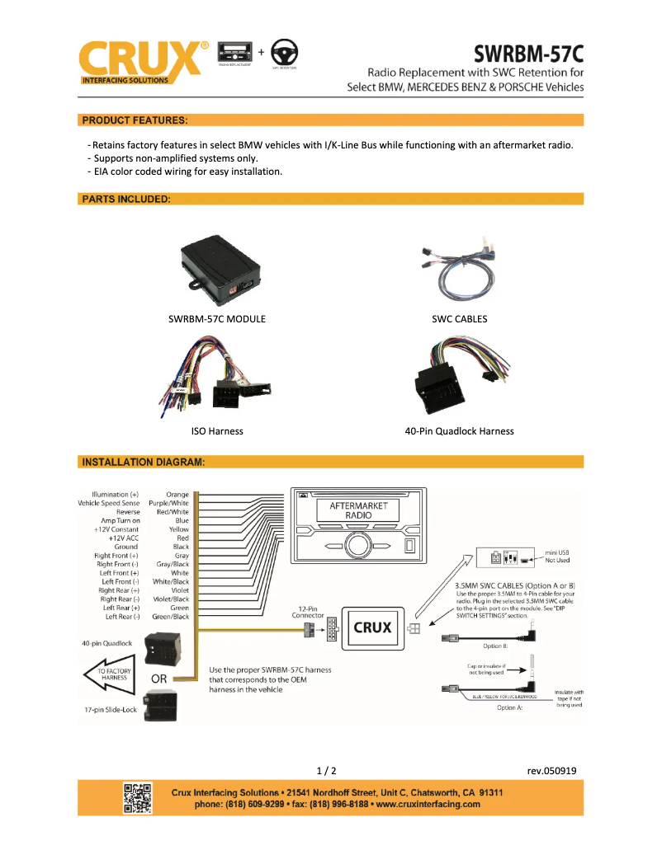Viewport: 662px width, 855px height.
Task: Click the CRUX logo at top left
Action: pyautogui.click(x=140, y=59)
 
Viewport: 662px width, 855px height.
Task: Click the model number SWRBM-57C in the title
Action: pyautogui.click(x=528, y=54)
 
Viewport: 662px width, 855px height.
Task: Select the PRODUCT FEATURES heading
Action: pyautogui.click(x=135, y=120)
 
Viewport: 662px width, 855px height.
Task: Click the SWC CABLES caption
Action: pyautogui.click(x=459, y=319)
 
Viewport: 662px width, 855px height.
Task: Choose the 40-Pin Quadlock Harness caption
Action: pyautogui.click(x=459, y=431)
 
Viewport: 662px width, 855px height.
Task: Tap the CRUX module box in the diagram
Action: pyautogui.click(x=372, y=627)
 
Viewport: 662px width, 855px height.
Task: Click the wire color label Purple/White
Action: pyautogui.click(x=168, y=503)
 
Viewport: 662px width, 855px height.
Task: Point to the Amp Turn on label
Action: pyautogui.click(x=121, y=521)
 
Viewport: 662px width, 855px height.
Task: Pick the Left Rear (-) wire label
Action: pyautogui.click(x=122, y=617)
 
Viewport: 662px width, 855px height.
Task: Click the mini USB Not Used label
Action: pyautogui.click(x=557, y=555)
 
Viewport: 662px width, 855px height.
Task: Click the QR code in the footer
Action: pyautogui.click(x=138, y=798)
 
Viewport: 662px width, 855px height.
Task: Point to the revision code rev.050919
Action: pyautogui.click(x=551, y=771)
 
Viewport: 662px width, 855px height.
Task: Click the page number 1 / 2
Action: pyautogui.click(x=327, y=771)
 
